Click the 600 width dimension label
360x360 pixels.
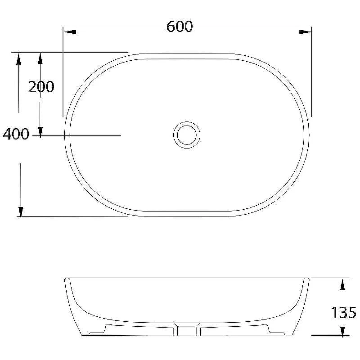180,27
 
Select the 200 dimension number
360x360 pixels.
41,87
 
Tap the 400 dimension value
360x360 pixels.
16,134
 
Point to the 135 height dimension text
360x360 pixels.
344,312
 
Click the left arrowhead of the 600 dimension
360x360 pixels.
70,31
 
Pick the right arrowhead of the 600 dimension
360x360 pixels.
305,31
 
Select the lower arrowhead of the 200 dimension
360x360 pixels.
40,132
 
